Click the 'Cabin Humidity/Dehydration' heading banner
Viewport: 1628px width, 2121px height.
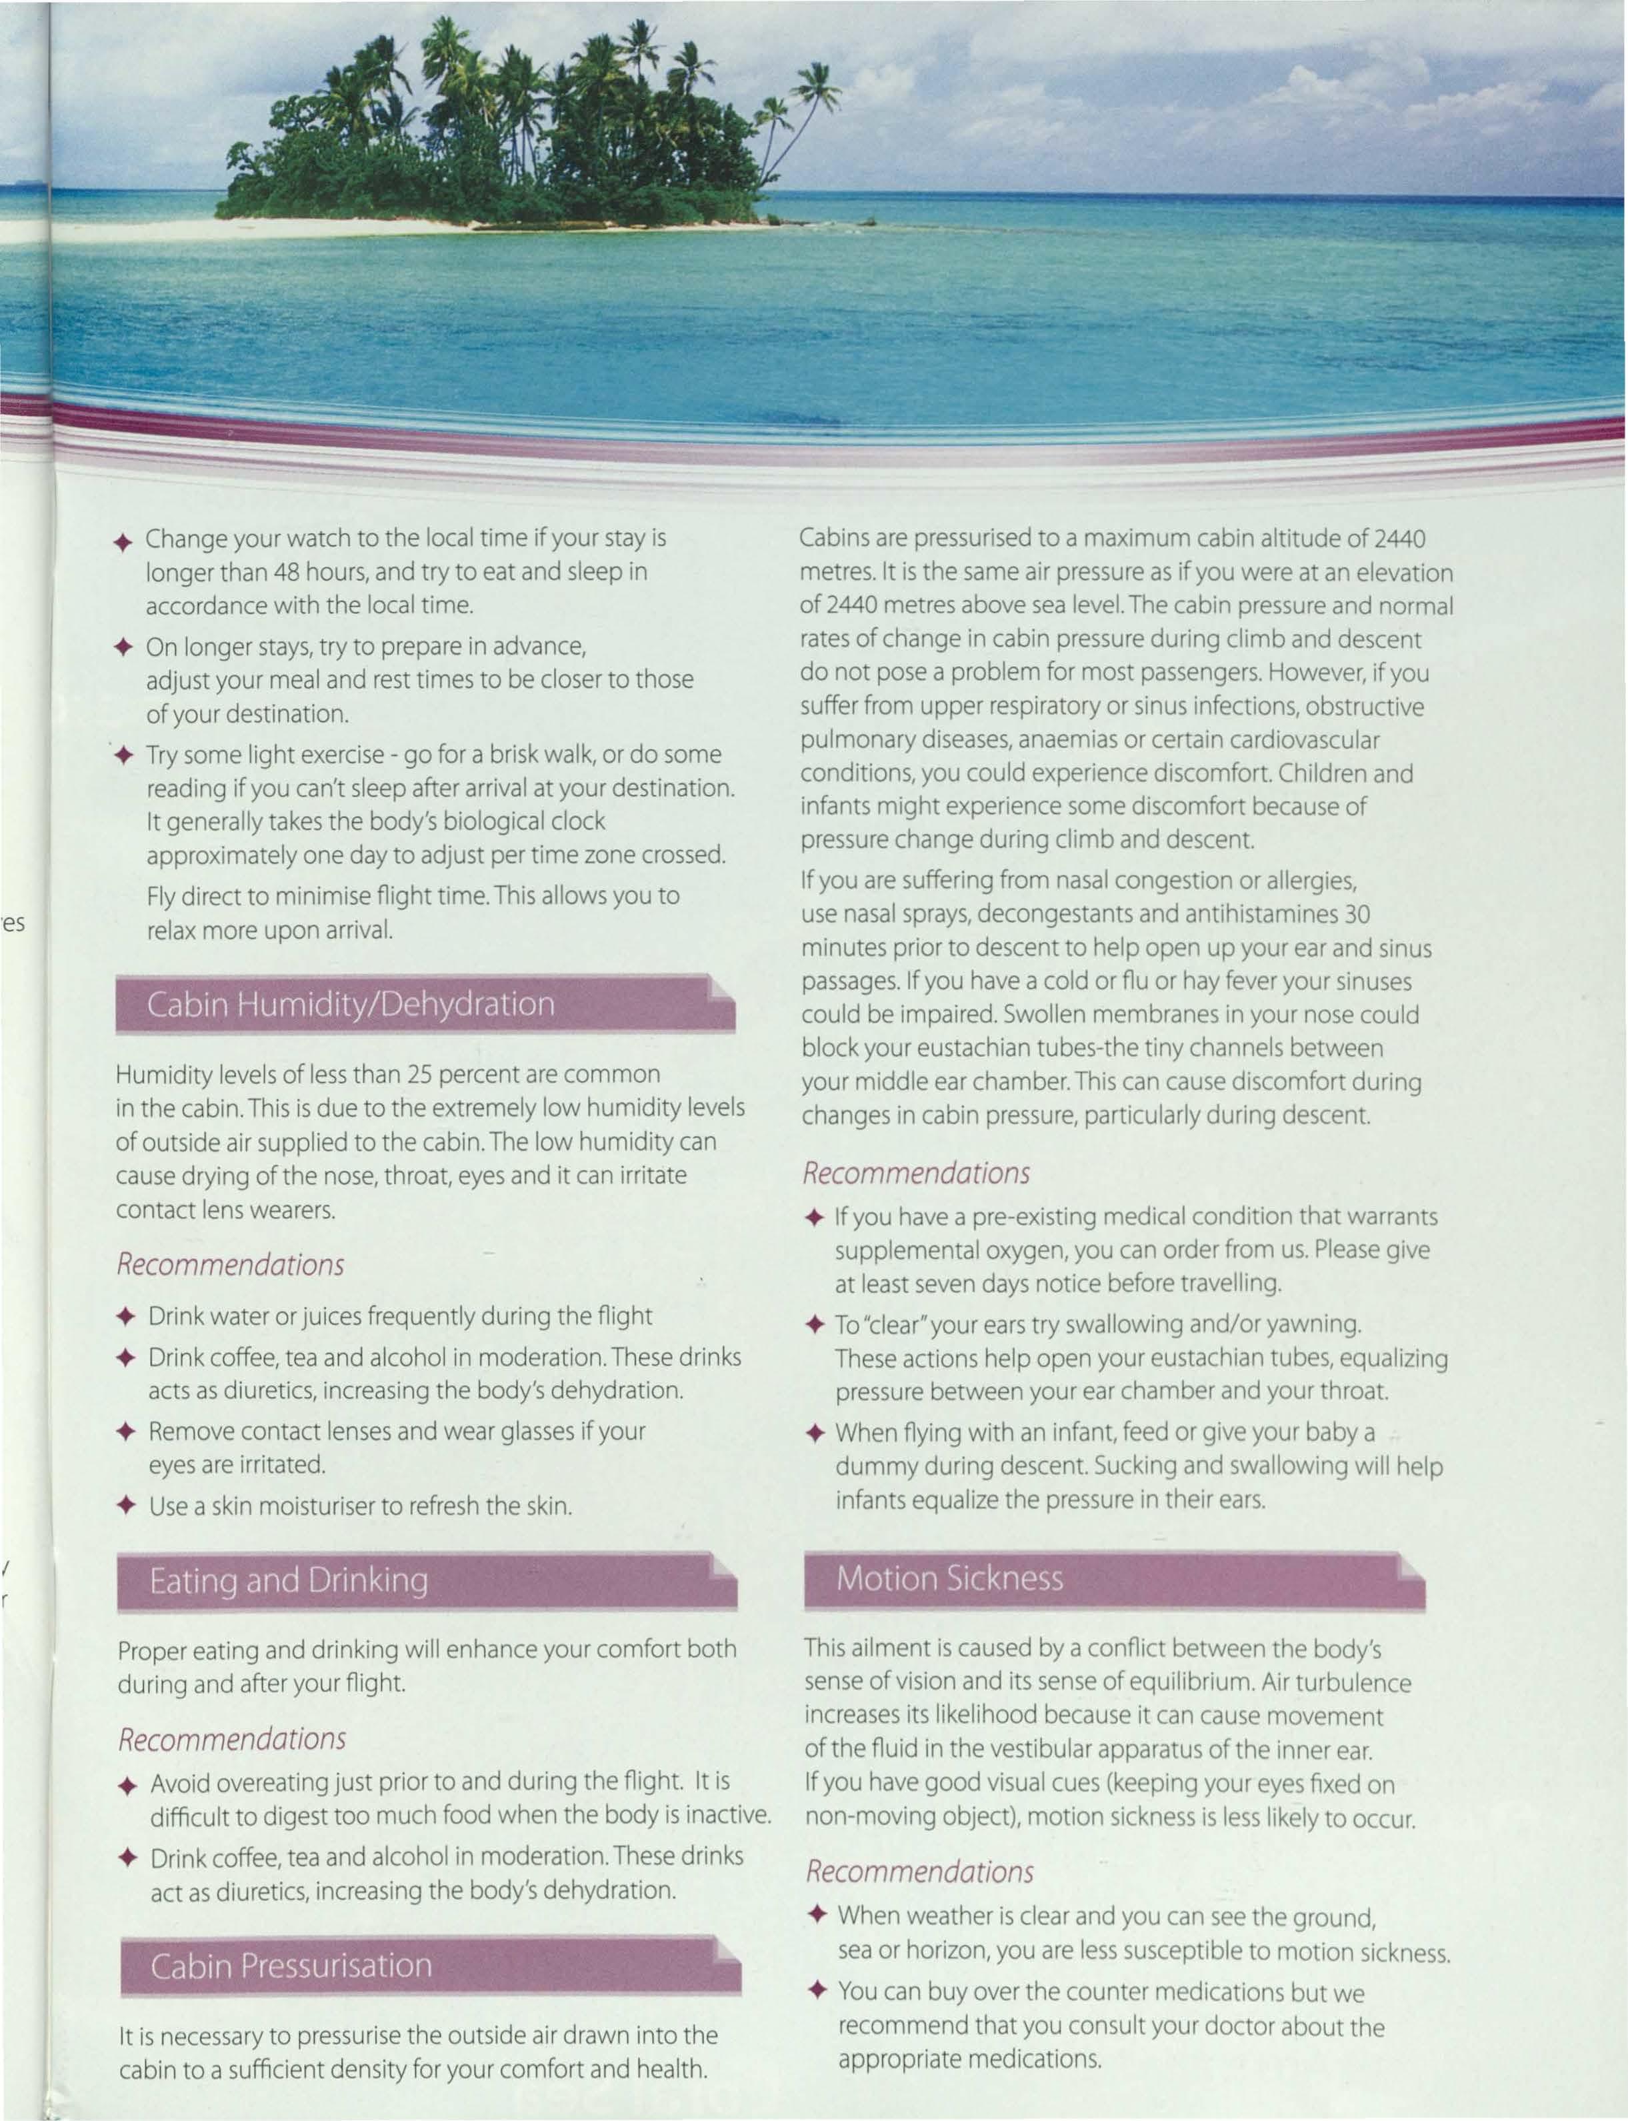(x=425, y=1003)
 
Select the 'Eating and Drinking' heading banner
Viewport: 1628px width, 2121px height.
(x=427, y=1580)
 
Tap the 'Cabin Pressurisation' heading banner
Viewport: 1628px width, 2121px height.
(x=429, y=1965)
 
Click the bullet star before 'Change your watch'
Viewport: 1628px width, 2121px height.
(x=122, y=541)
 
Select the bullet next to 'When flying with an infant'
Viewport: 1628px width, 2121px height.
(x=815, y=1433)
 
